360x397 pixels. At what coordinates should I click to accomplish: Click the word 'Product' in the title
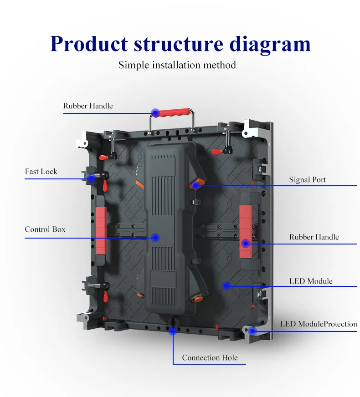click(x=89, y=44)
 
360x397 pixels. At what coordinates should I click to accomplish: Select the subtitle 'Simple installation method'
click(x=177, y=65)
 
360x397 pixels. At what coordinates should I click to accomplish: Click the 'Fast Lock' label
click(x=41, y=172)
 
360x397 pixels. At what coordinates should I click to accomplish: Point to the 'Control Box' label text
click(x=45, y=229)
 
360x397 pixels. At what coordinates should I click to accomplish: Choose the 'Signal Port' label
click(x=308, y=180)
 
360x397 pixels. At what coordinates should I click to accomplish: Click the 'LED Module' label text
click(x=311, y=281)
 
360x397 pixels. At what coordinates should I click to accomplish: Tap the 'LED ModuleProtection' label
click(x=319, y=324)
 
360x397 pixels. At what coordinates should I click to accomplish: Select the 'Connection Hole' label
click(x=210, y=358)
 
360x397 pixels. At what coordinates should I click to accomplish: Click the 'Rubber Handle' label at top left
click(x=88, y=106)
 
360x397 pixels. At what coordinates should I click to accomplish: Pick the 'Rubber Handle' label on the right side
click(x=314, y=237)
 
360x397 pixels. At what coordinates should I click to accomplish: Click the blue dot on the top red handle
click(x=155, y=112)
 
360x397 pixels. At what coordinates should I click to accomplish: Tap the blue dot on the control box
click(x=155, y=237)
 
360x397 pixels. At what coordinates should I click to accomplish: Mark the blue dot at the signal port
click(x=196, y=185)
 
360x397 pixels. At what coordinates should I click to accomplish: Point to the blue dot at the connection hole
click(x=173, y=331)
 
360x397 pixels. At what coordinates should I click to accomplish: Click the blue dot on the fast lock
click(x=92, y=178)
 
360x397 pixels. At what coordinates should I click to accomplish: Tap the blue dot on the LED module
click(x=226, y=285)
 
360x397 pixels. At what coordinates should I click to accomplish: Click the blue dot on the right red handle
click(x=245, y=243)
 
